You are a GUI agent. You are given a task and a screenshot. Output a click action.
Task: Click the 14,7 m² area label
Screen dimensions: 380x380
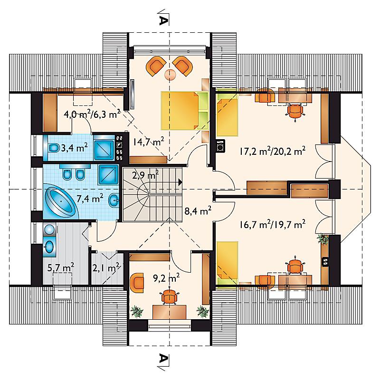coord(148,142)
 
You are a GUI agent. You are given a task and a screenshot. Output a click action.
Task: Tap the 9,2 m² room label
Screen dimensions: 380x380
coord(166,277)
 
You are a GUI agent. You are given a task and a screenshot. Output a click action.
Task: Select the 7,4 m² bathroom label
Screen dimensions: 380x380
coord(90,199)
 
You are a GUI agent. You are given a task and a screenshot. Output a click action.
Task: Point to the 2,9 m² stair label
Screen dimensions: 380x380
coord(145,174)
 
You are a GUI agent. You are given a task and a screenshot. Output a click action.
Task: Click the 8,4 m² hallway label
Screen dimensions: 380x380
coord(198,210)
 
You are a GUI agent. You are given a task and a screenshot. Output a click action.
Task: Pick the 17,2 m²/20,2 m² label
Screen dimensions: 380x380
coord(272,151)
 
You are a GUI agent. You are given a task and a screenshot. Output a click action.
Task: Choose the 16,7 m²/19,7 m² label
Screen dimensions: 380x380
coord(272,225)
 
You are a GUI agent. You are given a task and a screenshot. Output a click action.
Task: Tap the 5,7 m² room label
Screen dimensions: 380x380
coord(61,268)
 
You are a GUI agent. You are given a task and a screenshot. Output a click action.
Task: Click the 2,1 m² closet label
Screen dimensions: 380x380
coord(105,268)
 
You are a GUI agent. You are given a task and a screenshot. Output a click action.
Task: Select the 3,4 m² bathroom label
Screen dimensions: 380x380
coord(74,148)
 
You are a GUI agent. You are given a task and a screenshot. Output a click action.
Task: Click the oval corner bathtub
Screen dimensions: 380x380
coord(61,203)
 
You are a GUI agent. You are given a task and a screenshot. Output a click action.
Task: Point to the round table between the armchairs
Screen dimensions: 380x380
coord(171,75)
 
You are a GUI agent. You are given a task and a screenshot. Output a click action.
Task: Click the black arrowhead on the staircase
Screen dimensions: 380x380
coord(180,182)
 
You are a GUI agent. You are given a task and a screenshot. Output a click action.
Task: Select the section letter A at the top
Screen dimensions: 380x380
coord(163,20)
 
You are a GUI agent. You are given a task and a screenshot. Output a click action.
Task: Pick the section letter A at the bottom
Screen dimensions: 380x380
coord(163,358)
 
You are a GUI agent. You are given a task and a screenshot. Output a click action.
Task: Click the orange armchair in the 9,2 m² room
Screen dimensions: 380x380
coord(137,283)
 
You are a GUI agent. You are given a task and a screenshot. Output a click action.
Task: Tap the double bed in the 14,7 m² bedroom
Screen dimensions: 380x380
coord(185,110)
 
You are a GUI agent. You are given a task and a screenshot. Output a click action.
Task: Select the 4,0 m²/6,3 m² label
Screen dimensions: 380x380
coord(92,114)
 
